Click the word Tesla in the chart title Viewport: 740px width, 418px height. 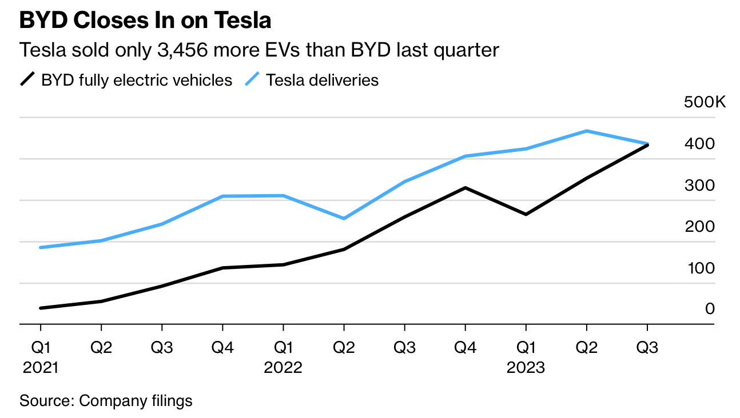[x=242, y=21]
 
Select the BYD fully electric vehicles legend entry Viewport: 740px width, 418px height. [x=137, y=80]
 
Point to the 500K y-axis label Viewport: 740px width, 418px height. [x=705, y=103]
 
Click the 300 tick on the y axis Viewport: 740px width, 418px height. [x=701, y=186]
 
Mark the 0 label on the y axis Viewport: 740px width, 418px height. [x=710, y=309]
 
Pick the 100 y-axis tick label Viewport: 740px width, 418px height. [x=701, y=268]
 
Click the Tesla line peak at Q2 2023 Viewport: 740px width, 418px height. [x=586, y=131]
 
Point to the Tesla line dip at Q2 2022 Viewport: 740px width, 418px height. [x=344, y=219]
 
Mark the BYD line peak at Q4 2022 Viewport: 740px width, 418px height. [x=465, y=188]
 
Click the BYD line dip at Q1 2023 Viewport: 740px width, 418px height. [x=526, y=215]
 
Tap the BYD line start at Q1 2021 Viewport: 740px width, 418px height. [x=41, y=308]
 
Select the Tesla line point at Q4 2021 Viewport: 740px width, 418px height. [x=222, y=196]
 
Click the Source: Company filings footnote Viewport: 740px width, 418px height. [x=106, y=401]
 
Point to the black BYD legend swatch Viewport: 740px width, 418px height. [x=27, y=79]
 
